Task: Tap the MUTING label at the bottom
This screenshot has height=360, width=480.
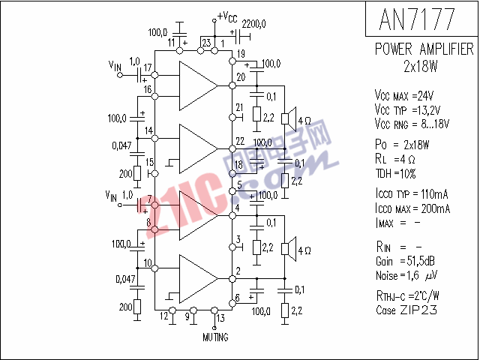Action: tap(216, 337)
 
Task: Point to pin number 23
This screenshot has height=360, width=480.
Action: tap(206, 43)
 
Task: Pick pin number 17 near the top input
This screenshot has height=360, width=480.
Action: tap(148, 68)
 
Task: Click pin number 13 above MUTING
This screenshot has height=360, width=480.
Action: tap(220, 318)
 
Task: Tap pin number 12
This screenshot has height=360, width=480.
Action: tap(164, 316)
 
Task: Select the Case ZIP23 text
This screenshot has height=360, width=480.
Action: tap(406, 310)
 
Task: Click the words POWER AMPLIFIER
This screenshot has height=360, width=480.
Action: tap(424, 49)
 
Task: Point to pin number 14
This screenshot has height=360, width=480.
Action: tap(148, 130)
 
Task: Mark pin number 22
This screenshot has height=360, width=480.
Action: tap(239, 141)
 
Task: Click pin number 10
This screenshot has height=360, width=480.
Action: tap(148, 263)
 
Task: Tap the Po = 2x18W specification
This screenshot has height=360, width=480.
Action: tap(402, 145)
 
